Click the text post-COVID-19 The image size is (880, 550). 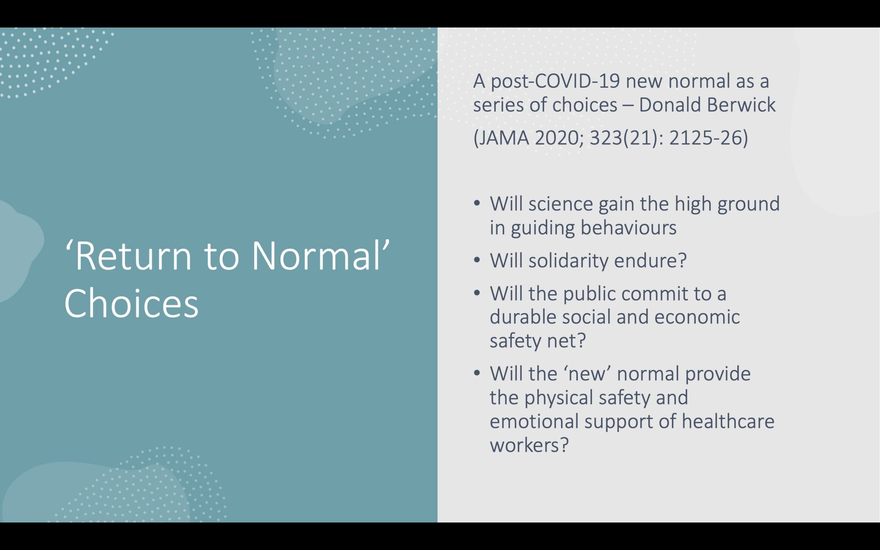point(555,81)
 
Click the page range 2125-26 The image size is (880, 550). point(708,138)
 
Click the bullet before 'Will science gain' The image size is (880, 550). point(477,203)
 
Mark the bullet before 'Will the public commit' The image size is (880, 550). point(477,293)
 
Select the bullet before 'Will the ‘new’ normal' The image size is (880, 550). point(477,373)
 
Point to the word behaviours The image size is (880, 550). point(628,227)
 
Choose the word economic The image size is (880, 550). point(697,317)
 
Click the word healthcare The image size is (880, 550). point(728,421)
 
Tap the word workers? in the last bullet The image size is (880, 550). point(529,445)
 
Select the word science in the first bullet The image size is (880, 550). point(561,204)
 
